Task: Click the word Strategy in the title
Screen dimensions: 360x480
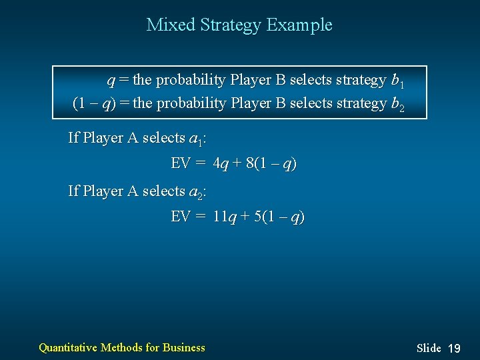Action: [x=227, y=25]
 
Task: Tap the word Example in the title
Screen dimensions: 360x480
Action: [x=299, y=25]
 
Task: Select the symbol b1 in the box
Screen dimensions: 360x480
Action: [x=397, y=81]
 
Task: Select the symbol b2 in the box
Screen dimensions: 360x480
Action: [x=397, y=105]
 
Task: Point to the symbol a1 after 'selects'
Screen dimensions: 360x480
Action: [x=196, y=139]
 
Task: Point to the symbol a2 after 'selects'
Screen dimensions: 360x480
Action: [x=196, y=193]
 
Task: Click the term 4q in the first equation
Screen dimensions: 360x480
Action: [x=220, y=164]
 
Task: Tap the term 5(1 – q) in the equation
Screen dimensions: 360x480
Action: [x=279, y=217]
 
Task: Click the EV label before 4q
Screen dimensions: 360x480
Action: [x=181, y=164]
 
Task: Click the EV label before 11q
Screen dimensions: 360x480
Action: [x=181, y=217]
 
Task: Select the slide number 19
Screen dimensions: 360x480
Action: [x=454, y=348]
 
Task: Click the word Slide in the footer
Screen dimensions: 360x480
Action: [x=429, y=348]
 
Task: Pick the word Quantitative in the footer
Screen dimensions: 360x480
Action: [x=67, y=347]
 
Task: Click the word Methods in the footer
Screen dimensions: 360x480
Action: [x=121, y=347]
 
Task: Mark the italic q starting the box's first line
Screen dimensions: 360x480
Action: [x=111, y=81]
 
